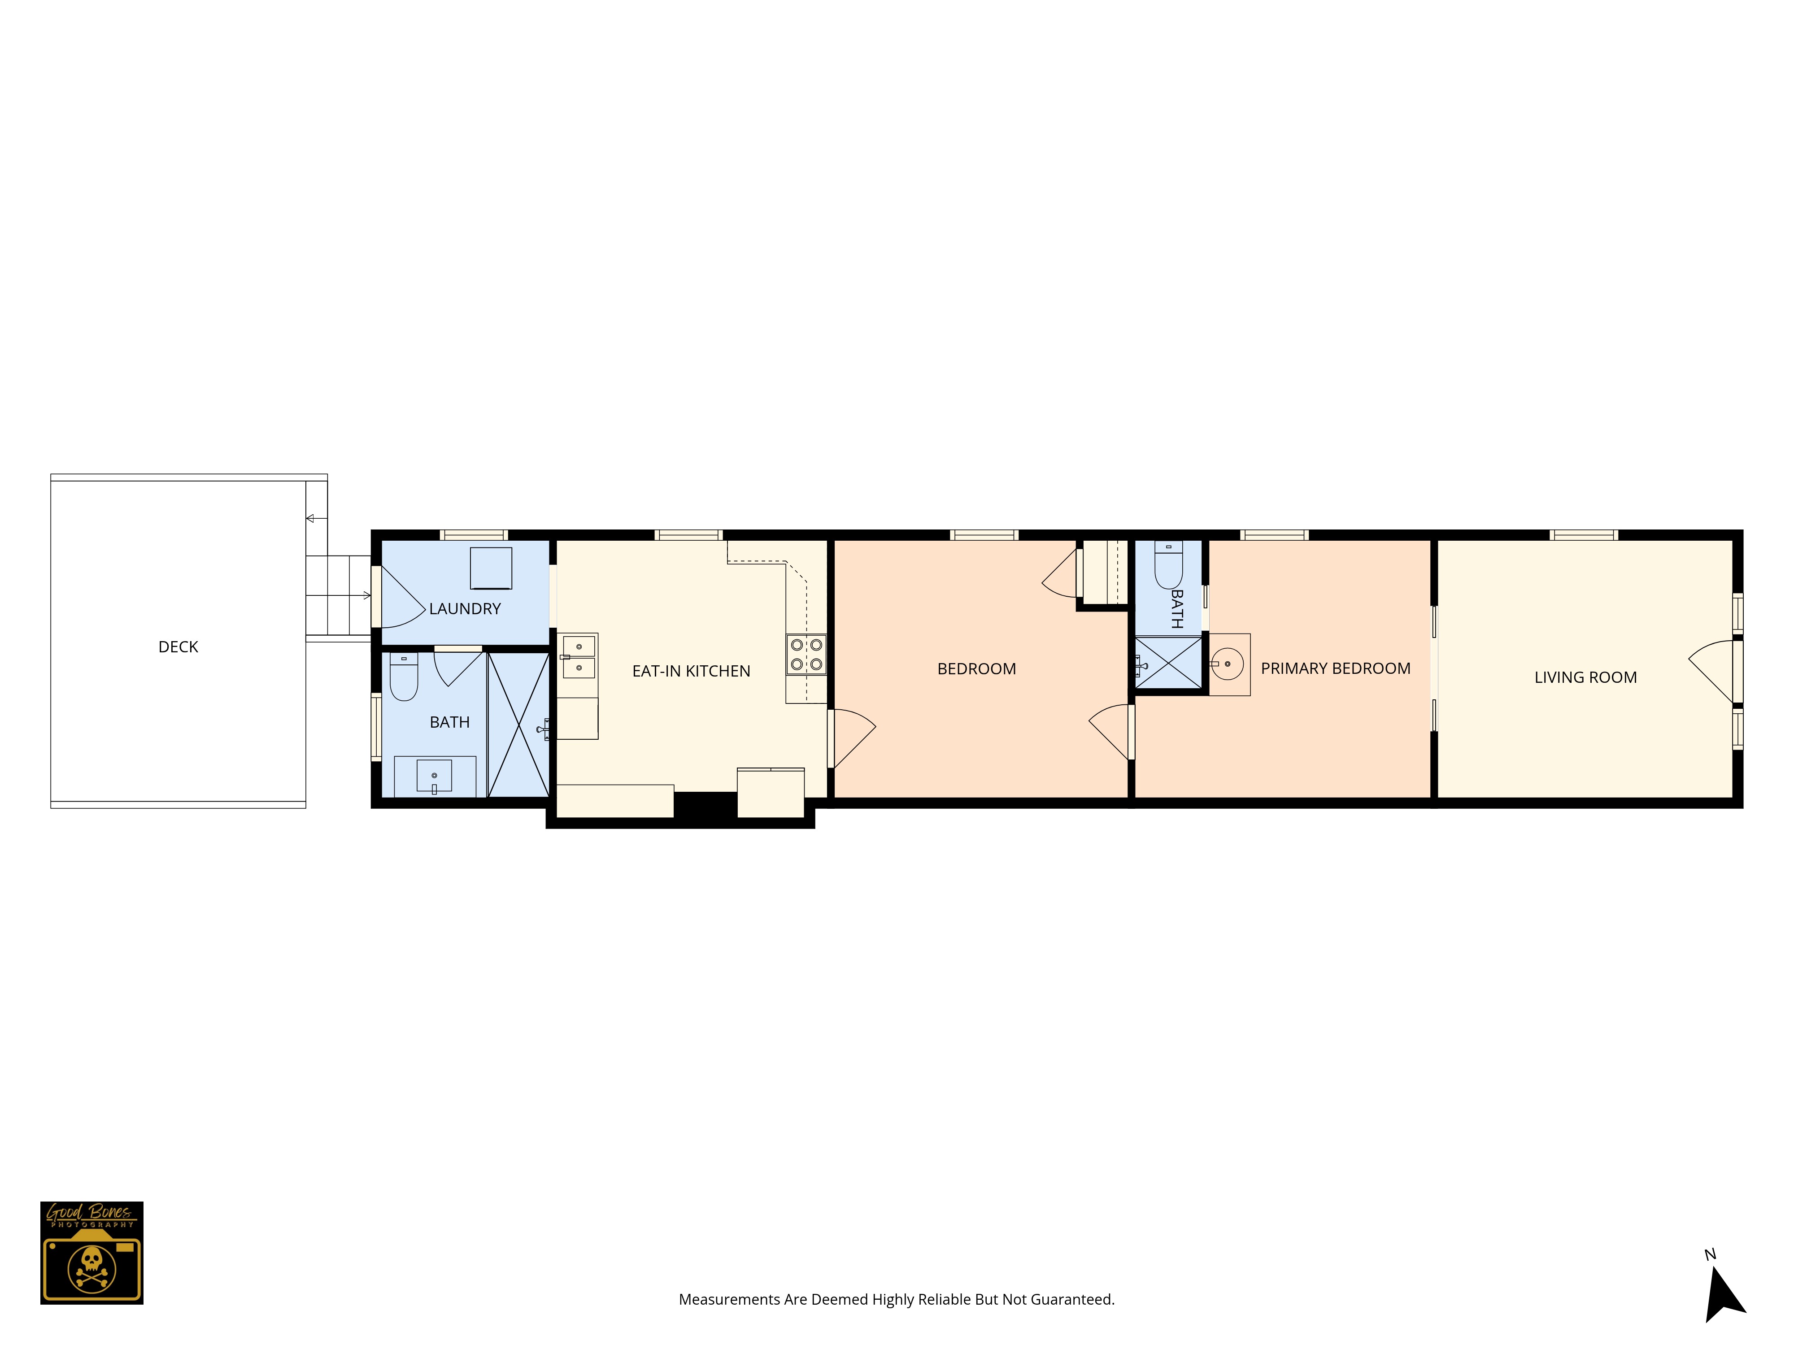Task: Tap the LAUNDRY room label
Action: [465, 609]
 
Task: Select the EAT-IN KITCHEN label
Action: [691, 671]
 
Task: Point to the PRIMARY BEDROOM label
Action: [1335, 669]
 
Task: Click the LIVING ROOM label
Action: [1585, 678]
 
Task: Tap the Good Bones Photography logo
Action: [91, 1253]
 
